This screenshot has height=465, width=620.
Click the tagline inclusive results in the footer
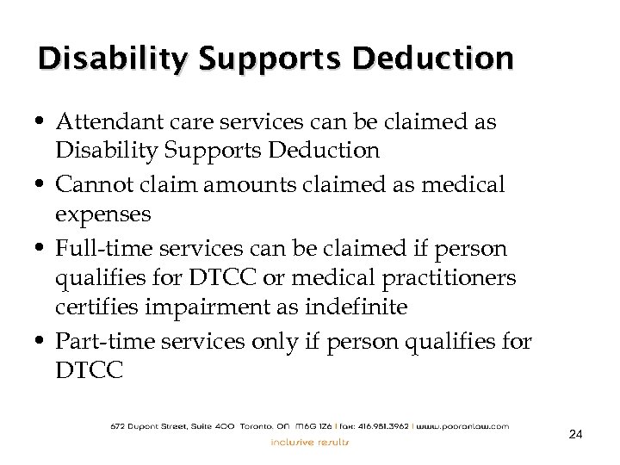(x=310, y=443)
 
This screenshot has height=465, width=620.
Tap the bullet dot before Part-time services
(x=42, y=340)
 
